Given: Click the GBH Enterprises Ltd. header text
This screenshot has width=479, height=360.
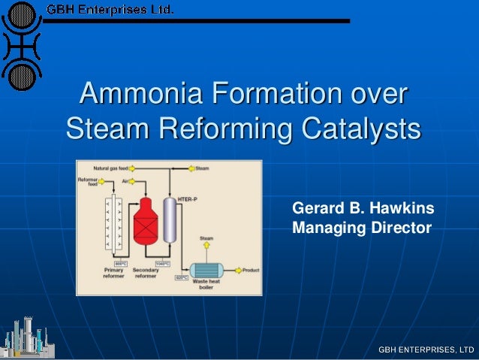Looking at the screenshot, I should (x=110, y=11).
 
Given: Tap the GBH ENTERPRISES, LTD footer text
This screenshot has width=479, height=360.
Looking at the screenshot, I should (x=426, y=349).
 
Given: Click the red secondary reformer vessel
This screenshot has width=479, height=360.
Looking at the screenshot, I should (x=143, y=222).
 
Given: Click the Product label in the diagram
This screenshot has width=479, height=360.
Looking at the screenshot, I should (x=251, y=270).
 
